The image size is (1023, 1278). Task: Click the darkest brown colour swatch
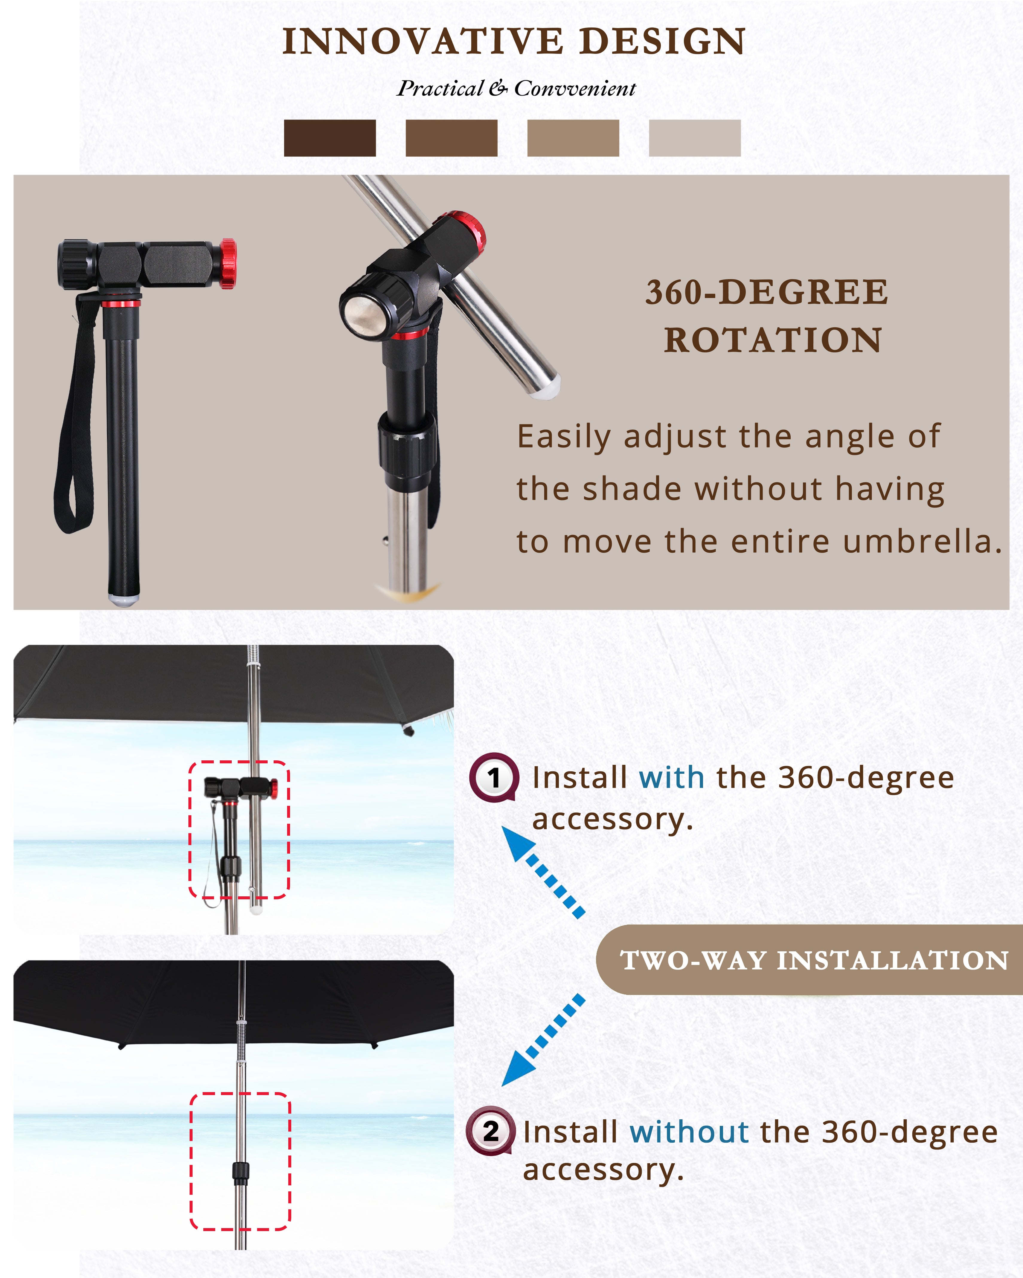coord(330,138)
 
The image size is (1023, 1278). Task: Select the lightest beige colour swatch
coord(694,138)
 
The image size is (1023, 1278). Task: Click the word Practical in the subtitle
coord(440,88)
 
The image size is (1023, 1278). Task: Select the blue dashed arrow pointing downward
coord(543,1040)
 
